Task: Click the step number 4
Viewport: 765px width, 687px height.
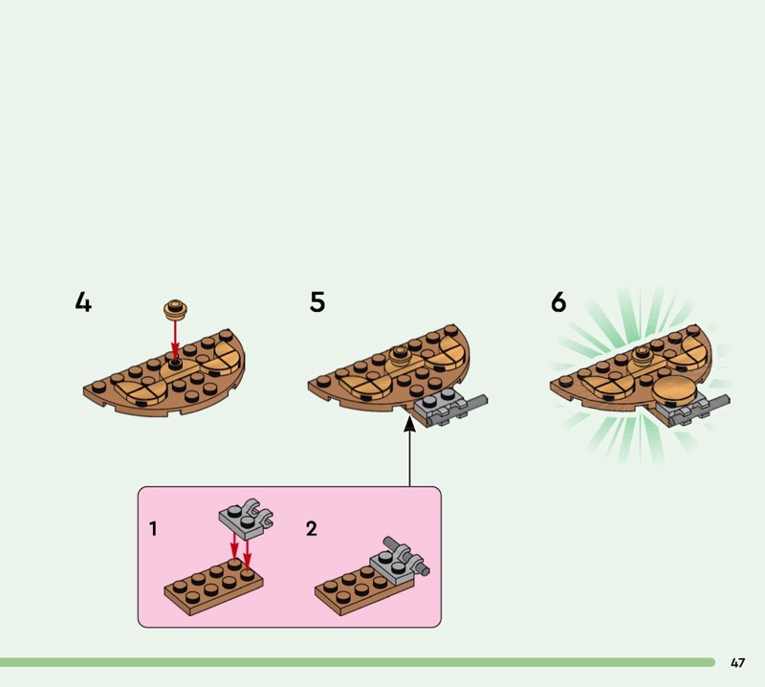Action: tap(83, 301)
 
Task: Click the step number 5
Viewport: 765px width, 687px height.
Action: tap(317, 301)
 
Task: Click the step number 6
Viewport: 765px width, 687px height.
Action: tap(558, 301)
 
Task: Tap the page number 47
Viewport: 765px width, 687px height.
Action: tap(737, 662)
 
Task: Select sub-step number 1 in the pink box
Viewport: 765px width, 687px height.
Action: tap(153, 529)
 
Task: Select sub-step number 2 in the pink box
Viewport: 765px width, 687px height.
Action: tap(312, 529)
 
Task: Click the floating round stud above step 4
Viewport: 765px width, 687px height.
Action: tap(176, 310)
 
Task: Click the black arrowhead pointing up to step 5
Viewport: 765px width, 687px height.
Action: tap(410, 424)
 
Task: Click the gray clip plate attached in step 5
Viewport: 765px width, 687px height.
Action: tap(442, 409)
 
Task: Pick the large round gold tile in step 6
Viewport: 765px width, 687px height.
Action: tap(675, 388)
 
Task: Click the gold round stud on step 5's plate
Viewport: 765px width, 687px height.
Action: tap(401, 353)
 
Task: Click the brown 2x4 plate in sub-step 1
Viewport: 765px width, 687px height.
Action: tap(213, 587)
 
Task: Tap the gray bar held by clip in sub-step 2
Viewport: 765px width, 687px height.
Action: tap(406, 557)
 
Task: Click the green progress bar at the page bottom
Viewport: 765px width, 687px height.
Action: tap(357, 662)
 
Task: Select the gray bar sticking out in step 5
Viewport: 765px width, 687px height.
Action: tap(475, 401)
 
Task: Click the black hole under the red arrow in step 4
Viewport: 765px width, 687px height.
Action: tap(175, 365)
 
